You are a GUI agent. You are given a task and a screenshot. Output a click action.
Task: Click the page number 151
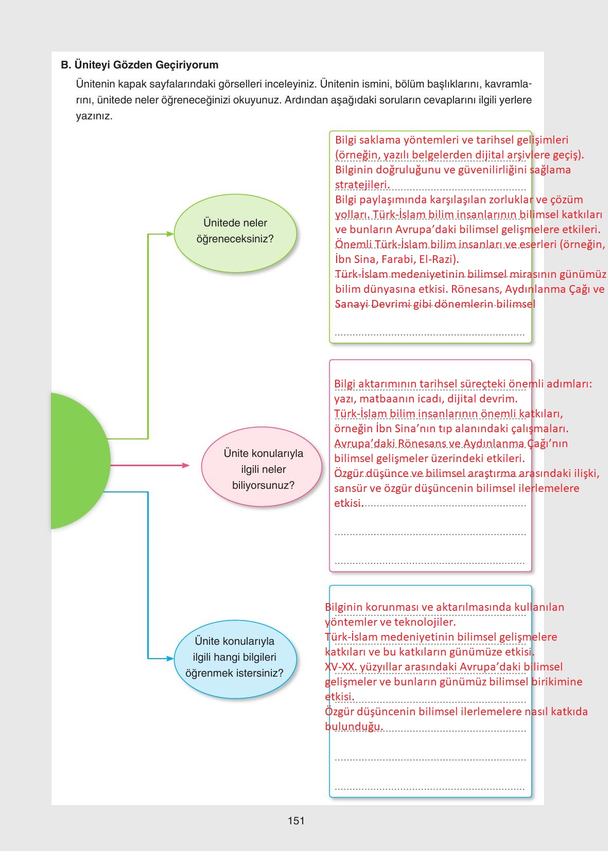[x=296, y=821]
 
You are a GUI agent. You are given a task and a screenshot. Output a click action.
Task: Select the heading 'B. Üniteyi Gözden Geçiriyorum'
[x=140, y=65]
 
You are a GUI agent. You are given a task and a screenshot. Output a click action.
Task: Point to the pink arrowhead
[x=186, y=466]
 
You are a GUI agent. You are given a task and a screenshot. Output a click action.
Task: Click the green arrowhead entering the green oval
[x=170, y=234]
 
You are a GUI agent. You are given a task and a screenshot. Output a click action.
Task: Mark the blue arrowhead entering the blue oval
[x=170, y=658]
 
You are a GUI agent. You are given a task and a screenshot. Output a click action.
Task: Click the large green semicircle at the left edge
[x=77, y=461]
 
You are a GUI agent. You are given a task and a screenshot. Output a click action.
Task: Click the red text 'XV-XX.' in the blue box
[x=340, y=667]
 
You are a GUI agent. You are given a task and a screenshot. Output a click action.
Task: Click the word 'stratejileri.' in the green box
[x=362, y=185]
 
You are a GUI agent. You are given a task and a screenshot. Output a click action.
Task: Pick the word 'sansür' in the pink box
[x=350, y=488]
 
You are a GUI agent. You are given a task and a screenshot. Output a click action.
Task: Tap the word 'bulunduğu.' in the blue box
[x=354, y=727]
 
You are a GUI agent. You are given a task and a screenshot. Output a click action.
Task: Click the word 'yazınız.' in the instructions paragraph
[x=94, y=116]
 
